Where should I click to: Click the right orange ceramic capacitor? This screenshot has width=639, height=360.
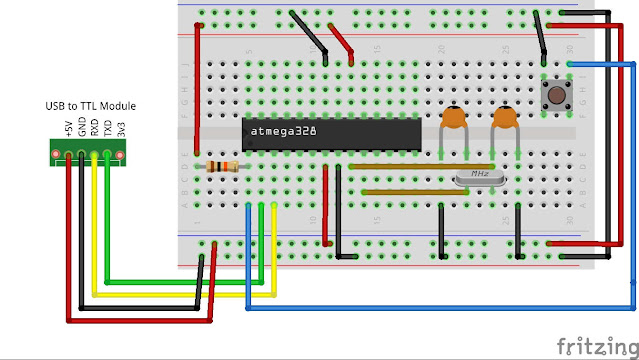coord(505,121)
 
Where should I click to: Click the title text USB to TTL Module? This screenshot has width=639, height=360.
coord(90,106)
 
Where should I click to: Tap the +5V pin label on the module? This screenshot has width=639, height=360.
coord(68,128)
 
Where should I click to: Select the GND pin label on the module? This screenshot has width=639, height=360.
coord(81,128)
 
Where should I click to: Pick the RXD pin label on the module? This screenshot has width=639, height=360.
coord(94,128)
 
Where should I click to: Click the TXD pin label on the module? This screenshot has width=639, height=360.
coord(107,128)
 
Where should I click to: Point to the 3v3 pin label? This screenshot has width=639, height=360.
coord(120,128)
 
